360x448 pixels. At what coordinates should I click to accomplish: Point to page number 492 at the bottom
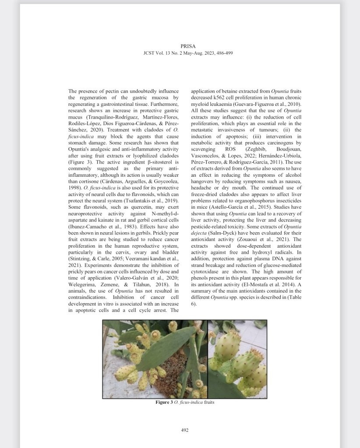point(184,430)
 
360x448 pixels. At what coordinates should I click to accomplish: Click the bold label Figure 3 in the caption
point(165,402)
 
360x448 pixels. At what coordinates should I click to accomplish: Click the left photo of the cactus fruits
point(154,359)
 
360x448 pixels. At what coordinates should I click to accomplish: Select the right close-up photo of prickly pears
point(237,359)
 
